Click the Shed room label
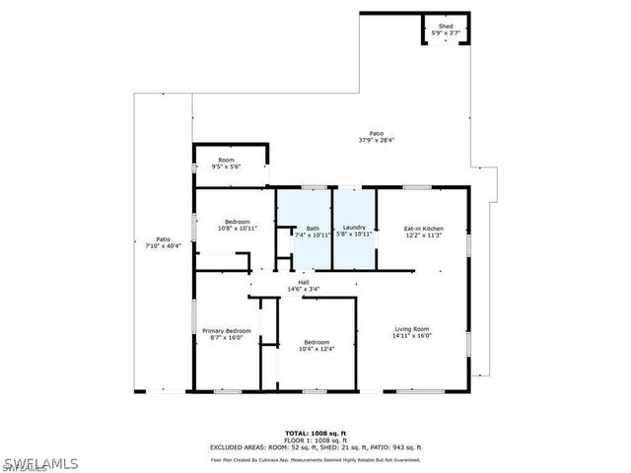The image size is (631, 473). click(446, 27)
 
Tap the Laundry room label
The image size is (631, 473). click(354, 228)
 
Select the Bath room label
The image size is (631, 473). click(313, 228)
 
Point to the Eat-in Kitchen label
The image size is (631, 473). click(423, 228)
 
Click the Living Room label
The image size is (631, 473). click(412, 328)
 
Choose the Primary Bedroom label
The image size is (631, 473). click(227, 330)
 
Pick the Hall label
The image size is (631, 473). click(304, 282)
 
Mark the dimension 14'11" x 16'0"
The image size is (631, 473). click(412, 335)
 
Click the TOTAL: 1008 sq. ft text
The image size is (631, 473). click(315, 433)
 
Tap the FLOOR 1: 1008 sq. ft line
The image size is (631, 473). click(315, 439)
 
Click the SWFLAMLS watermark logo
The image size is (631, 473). click(39, 461)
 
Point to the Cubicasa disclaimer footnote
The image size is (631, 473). click(315, 459)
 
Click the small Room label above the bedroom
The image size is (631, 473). click(227, 160)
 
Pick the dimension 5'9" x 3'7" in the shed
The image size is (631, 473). click(446, 34)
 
